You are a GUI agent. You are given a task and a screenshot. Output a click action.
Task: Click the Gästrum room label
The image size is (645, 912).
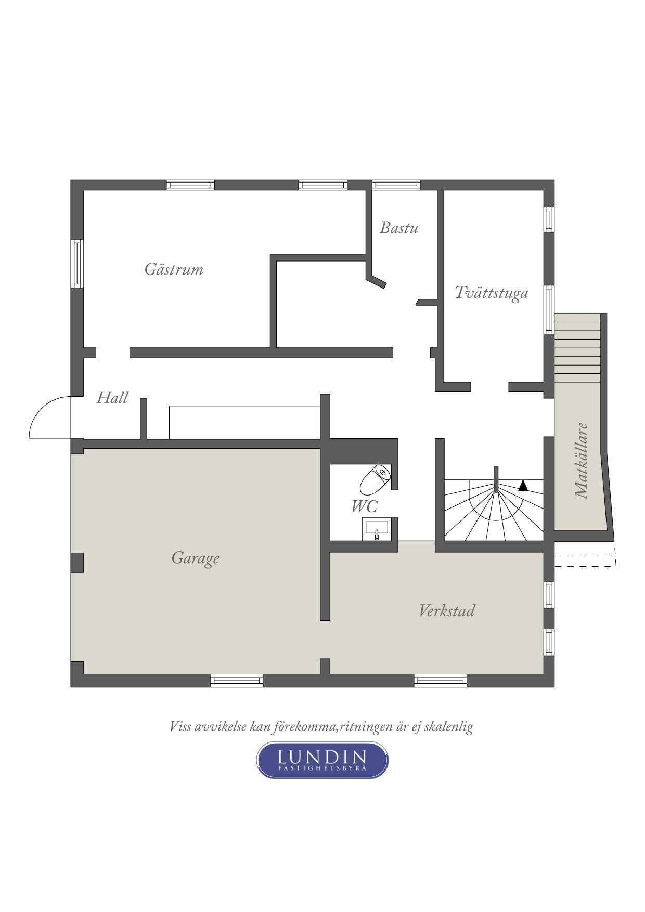pos(174,269)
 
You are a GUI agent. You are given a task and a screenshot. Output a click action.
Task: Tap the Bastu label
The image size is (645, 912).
pos(399,228)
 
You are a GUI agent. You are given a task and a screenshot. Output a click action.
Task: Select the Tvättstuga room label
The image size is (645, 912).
pos(492,293)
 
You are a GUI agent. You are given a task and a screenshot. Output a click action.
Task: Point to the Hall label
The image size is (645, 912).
pos(112,398)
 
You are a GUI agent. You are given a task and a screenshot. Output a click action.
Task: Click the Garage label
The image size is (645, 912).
pos(196,558)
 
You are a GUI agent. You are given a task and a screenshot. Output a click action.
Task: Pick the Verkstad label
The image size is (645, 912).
pos(447,610)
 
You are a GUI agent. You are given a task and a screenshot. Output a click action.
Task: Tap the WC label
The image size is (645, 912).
pos(364,506)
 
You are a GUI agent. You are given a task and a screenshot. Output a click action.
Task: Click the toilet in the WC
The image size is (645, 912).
pos(375,479)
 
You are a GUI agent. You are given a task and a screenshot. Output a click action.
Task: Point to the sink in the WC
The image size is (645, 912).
pos(376,530)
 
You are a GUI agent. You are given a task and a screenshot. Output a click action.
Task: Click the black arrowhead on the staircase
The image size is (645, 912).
pos(523,486)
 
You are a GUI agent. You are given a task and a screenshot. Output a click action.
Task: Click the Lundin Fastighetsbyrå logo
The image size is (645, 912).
pos(322,760)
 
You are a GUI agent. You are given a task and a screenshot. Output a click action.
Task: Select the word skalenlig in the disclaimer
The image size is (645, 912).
pos(448,727)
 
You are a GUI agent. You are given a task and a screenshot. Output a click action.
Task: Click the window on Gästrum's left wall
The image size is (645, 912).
pos(77,264)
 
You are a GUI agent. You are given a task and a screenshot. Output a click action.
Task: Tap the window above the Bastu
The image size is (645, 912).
pos(396,185)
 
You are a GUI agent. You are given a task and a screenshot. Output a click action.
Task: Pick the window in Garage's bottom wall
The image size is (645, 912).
pos(237,681)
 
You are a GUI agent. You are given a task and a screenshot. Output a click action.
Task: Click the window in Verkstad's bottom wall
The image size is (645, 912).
pos(441,681)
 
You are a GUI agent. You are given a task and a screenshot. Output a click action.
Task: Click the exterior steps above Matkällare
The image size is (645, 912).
pos(577,348)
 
